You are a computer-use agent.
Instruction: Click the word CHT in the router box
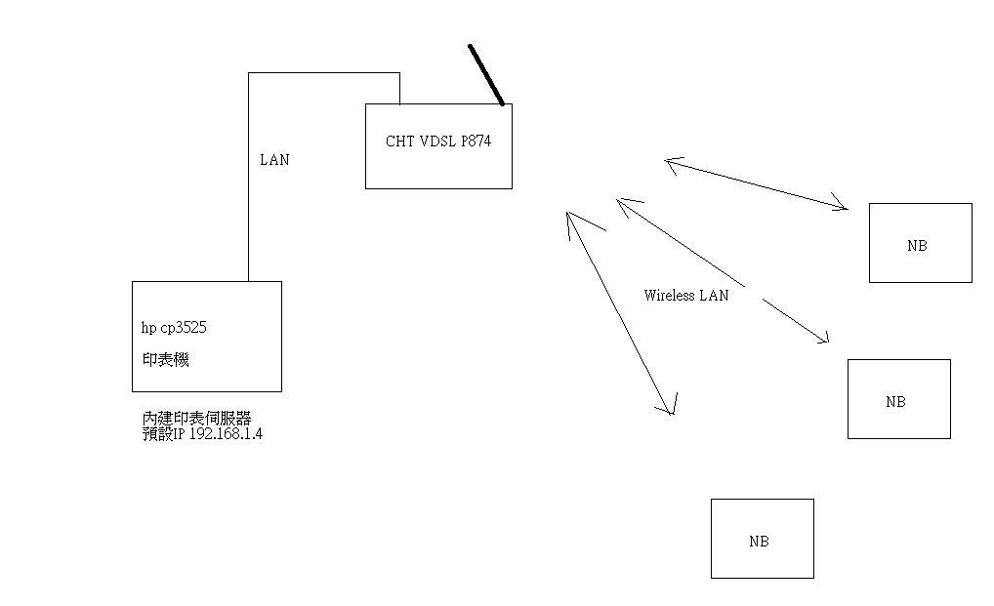point(400,141)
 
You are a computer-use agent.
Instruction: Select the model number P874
point(476,141)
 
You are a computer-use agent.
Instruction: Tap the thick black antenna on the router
point(486,74)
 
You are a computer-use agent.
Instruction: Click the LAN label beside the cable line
point(274,160)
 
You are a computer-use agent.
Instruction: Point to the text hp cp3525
point(174,328)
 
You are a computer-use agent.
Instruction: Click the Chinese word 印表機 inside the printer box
point(165,359)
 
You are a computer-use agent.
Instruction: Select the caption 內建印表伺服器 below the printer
point(196,419)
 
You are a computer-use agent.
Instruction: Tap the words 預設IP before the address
point(163,434)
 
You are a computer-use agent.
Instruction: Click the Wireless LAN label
point(686,295)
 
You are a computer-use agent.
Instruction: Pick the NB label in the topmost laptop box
point(917,246)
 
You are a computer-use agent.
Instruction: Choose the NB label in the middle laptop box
point(895,402)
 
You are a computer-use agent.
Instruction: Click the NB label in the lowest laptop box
point(759,542)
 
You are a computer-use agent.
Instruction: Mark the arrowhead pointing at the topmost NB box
point(842,205)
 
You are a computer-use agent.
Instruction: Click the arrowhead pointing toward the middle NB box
point(823,339)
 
